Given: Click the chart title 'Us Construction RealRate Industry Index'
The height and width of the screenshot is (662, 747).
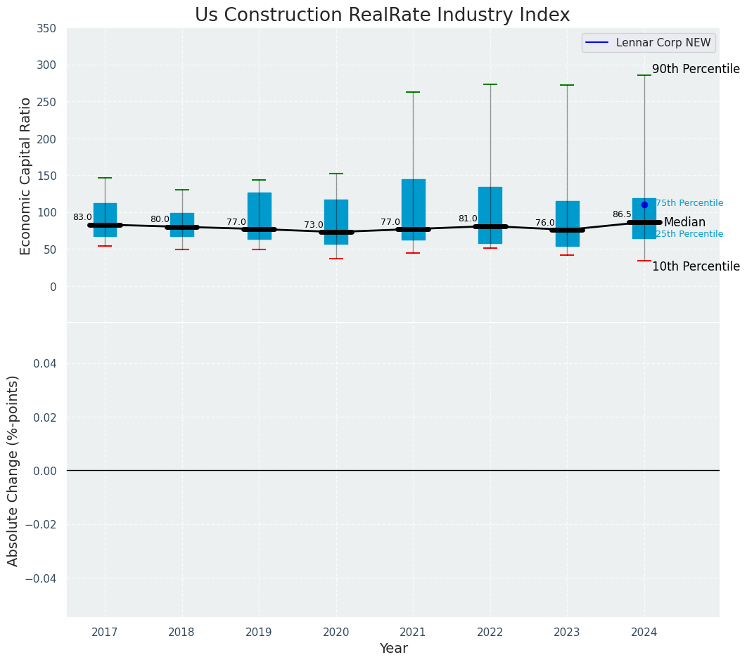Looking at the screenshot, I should point(382,15).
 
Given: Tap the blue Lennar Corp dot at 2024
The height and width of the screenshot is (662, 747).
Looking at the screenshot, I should point(644,205).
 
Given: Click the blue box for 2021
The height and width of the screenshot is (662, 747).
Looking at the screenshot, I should point(413,204).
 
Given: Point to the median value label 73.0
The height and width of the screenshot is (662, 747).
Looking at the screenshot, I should point(314,225).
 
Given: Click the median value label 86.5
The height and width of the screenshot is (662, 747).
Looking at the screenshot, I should point(622,214).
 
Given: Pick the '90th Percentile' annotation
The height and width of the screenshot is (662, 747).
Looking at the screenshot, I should point(696,69).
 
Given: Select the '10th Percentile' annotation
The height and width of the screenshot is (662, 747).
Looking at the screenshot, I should point(696,266).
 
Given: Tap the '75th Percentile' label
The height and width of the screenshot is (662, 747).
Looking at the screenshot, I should point(689,203).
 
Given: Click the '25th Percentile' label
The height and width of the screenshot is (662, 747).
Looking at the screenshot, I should point(689,234).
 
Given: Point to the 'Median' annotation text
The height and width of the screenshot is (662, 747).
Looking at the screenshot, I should point(684,222).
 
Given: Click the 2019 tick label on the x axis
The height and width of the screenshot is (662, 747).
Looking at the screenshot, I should point(259,632).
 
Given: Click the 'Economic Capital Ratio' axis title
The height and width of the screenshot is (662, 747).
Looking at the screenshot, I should point(26,176).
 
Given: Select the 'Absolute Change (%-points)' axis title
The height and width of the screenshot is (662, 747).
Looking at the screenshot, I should point(13,470).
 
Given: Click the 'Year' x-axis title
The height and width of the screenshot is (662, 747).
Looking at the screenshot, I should point(393,649).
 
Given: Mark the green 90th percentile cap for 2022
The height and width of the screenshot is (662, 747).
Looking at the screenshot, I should point(490,84).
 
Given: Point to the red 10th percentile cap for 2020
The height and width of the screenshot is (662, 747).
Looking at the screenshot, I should point(336,259).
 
